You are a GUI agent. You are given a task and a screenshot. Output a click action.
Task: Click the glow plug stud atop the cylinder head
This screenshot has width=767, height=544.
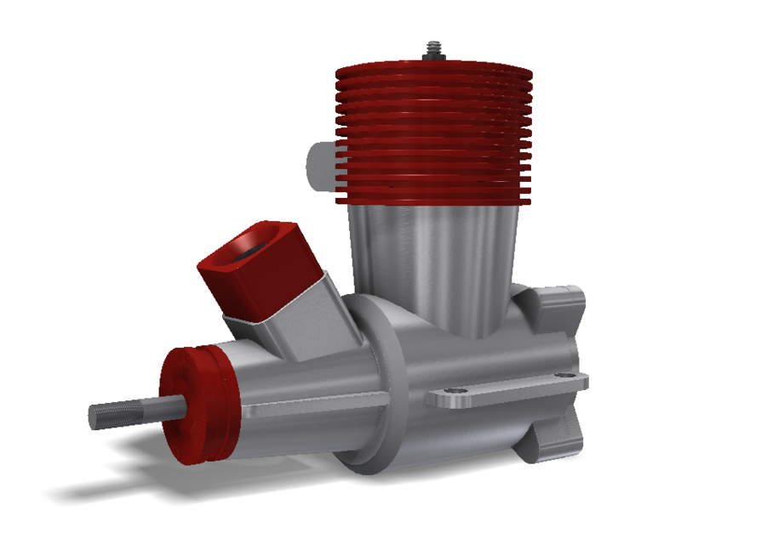433,50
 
